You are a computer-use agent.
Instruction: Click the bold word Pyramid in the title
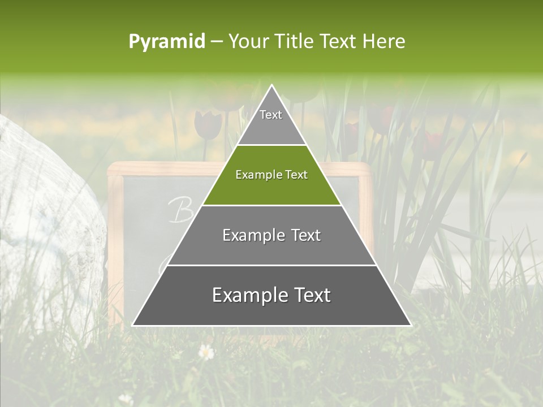pyautogui.click(x=166, y=42)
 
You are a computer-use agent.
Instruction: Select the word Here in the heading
pyautogui.click(x=383, y=41)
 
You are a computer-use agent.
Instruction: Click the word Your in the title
pyautogui.click(x=247, y=41)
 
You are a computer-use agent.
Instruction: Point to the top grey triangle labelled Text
pyautogui.click(x=271, y=122)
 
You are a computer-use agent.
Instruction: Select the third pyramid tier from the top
pyautogui.click(x=271, y=235)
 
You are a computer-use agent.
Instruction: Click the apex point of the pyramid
pyautogui.click(x=272, y=85)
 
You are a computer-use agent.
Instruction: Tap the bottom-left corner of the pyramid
pyautogui.click(x=133, y=325)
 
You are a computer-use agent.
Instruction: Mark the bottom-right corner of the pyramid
pyautogui.click(x=410, y=325)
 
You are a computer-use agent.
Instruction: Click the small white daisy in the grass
pyautogui.click(x=206, y=352)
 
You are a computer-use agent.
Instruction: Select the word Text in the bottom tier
pyautogui.click(x=308, y=295)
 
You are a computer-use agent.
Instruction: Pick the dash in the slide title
pyautogui.click(x=217, y=42)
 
